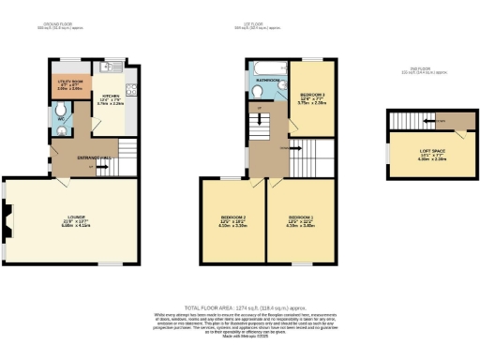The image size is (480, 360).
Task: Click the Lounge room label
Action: click(x=74, y=223)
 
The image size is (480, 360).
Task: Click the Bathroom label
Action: click(x=266, y=81)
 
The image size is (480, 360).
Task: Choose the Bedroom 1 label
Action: click(x=301, y=223)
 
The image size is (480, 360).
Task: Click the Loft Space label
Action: click(x=423, y=157)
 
